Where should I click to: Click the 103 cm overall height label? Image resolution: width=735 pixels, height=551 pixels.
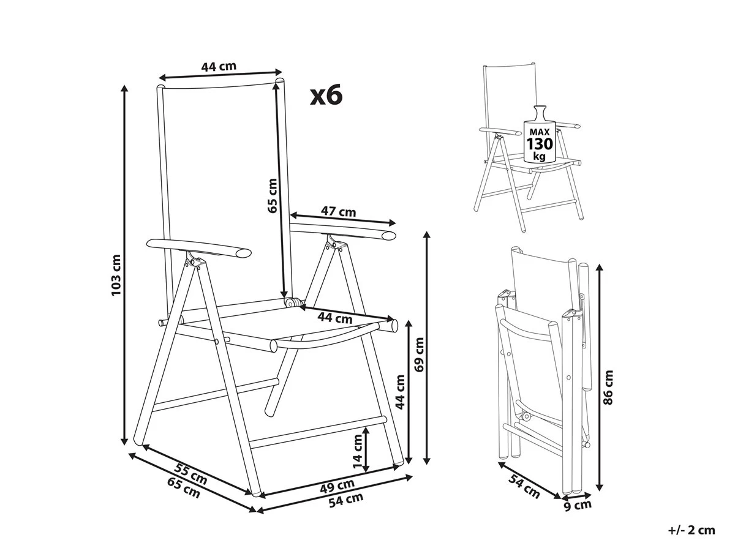pos(116,275)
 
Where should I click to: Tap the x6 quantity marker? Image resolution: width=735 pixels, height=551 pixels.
pos(326,95)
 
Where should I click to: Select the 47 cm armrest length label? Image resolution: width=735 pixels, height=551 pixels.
pos(338,212)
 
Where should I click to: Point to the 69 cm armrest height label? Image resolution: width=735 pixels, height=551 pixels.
pos(418,354)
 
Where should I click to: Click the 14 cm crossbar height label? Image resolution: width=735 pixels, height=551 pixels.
pos(358,451)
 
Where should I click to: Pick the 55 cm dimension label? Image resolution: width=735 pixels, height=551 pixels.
pos(191,475)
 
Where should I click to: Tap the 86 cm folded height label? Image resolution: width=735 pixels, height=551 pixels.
pos(608,387)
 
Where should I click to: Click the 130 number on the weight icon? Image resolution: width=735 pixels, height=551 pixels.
pos(540,144)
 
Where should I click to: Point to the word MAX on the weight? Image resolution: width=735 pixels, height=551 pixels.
pos(540,132)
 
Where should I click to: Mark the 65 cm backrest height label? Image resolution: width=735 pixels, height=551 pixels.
pos(273,196)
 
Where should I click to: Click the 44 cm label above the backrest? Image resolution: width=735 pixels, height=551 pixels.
pos(219,67)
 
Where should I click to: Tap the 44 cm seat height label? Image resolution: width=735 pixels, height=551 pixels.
pos(400,392)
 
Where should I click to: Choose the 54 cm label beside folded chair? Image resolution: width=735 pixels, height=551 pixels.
pos(524,487)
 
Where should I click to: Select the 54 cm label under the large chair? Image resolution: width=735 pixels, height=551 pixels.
pos(346,500)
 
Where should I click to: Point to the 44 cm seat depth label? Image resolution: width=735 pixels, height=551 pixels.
pos(334,317)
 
